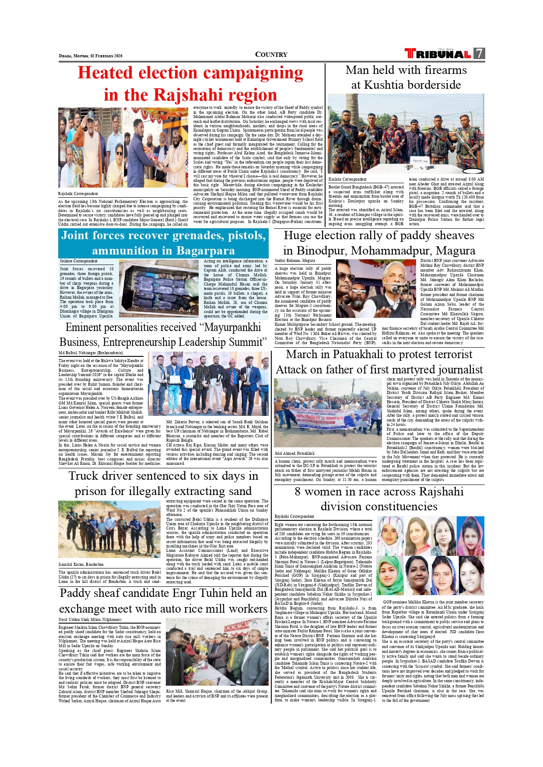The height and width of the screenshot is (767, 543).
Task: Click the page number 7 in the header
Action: [480, 53]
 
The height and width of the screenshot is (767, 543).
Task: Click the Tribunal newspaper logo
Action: [438, 54]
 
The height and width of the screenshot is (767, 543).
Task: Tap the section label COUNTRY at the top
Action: [271, 55]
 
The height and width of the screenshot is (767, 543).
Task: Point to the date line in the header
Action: [91, 56]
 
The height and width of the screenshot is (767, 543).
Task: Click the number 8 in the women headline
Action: [298, 492]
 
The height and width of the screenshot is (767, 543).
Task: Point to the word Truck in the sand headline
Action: [83, 476]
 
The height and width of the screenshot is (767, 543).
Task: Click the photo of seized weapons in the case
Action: [159, 288]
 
